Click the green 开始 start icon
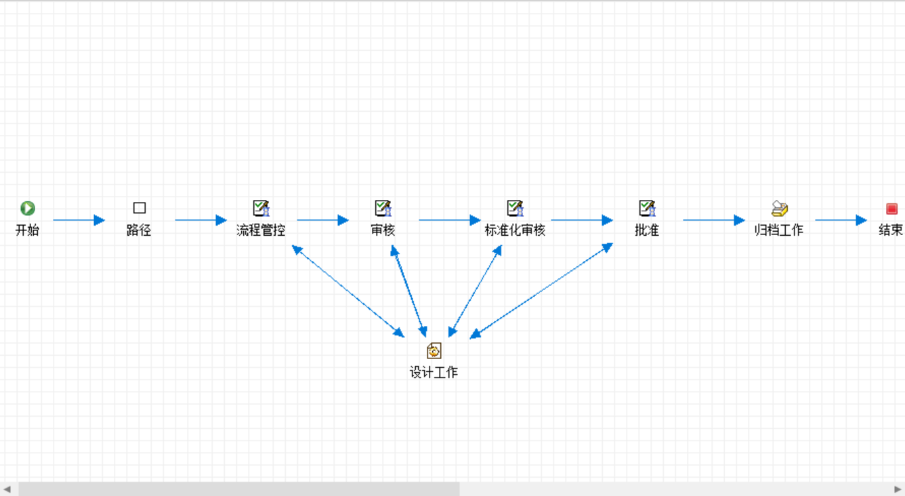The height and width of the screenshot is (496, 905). point(28,208)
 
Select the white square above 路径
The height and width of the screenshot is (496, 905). point(140,208)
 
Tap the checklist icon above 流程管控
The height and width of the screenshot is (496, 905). point(261,208)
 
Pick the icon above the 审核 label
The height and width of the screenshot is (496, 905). point(383,208)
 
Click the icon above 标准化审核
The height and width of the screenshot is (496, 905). point(515,208)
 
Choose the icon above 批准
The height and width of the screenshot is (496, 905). point(647,208)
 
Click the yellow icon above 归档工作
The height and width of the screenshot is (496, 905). point(779,208)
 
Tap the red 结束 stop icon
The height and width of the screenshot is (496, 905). point(891,209)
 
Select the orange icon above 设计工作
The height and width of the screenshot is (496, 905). point(434,350)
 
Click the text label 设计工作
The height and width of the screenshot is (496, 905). point(434,373)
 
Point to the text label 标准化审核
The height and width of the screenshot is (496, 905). point(515,230)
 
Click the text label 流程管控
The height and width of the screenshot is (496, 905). point(261,230)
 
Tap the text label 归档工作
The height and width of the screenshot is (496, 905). point(779,230)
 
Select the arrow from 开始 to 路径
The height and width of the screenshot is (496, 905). point(79,220)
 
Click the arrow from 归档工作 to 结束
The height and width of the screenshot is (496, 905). point(841,220)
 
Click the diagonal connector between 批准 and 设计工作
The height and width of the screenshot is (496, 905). point(541,291)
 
